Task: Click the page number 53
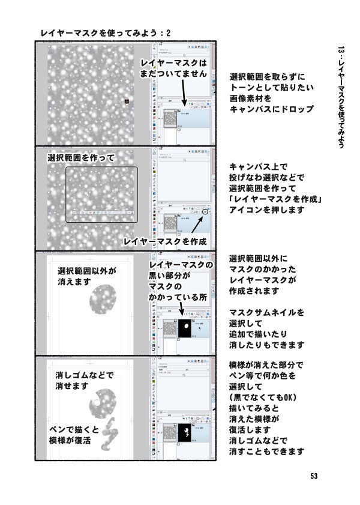pos(314,476)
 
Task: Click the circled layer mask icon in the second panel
pos(206,212)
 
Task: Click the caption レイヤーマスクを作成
pos(165,241)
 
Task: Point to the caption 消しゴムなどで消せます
pos(81,381)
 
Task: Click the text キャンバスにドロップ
pos(271,109)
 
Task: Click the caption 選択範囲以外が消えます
pos(86,276)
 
